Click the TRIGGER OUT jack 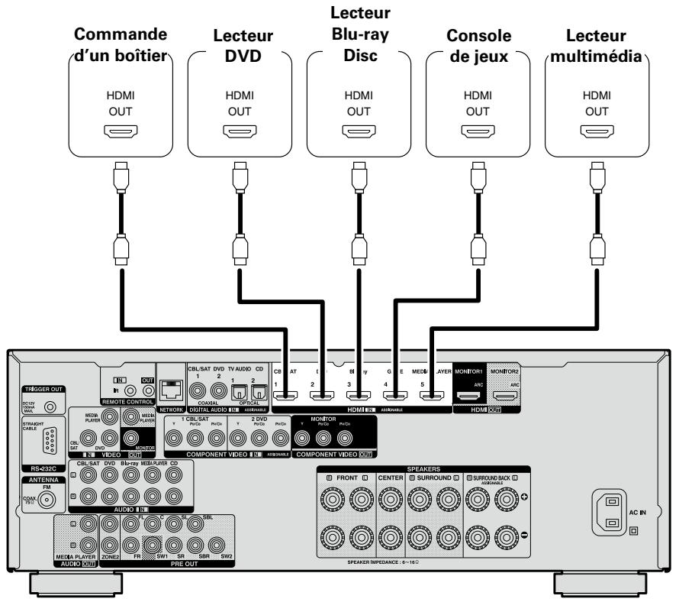[x=50, y=408]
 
